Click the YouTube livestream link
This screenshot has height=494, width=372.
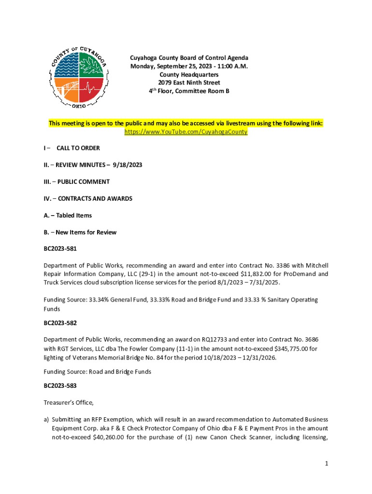186,132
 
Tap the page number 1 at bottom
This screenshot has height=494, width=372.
327,464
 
